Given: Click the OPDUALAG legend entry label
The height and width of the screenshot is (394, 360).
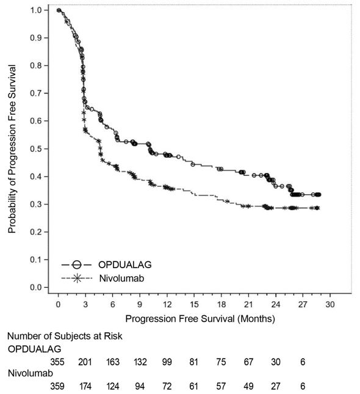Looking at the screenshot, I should pos(123,264).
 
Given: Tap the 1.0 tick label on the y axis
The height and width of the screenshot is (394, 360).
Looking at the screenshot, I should pos(37,10).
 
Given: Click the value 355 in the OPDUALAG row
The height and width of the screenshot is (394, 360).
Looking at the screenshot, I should pos(58,362).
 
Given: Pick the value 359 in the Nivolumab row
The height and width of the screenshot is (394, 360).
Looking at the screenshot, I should pos(58,386).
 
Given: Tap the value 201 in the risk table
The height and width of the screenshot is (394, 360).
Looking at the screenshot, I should pos(85,362).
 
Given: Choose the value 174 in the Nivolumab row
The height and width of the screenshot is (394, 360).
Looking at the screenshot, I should pos(85,386).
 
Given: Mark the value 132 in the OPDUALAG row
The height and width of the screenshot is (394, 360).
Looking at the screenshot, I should pos(140,362).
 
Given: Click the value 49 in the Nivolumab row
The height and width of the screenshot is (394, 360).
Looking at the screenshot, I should pos(248,386).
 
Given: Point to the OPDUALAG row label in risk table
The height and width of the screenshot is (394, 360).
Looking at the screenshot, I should pos(31,349).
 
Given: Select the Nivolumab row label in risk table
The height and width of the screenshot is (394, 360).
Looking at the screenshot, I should pos(28,373).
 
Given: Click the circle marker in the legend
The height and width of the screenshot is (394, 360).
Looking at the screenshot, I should pos(76,264).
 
